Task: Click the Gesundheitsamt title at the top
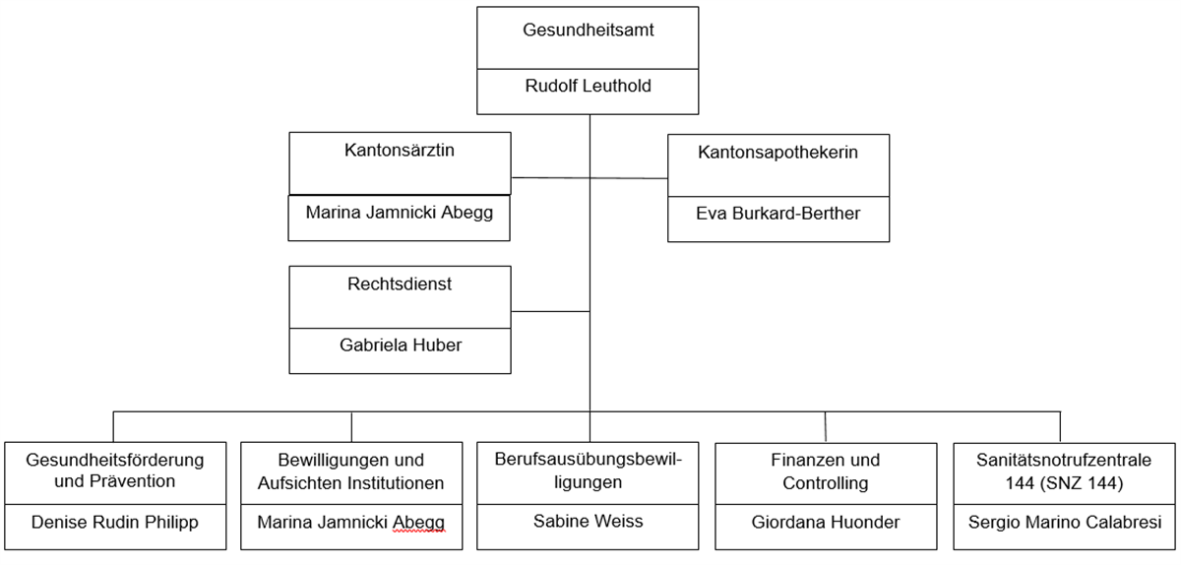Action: pyautogui.click(x=589, y=31)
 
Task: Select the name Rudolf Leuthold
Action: pyautogui.click(x=589, y=86)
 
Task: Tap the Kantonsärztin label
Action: pyautogui.click(x=399, y=152)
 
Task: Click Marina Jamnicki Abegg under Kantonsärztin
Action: pyautogui.click(x=399, y=213)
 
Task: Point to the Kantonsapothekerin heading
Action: pyautogui.click(x=777, y=153)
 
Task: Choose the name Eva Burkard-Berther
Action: pyautogui.click(x=777, y=213)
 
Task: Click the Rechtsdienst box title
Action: pyautogui.click(x=400, y=284)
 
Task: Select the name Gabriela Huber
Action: pyautogui.click(x=400, y=345)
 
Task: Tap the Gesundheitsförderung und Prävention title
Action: pyautogui.click(x=115, y=471)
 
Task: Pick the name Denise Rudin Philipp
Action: pyautogui.click(x=115, y=522)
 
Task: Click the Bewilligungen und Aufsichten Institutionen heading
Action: pyautogui.click(x=351, y=471)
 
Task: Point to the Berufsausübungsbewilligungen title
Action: pyautogui.click(x=589, y=471)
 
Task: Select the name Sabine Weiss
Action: pyautogui.click(x=589, y=521)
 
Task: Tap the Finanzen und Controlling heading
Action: pyautogui.click(x=825, y=471)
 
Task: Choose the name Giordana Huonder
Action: pyautogui.click(x=825, y=522)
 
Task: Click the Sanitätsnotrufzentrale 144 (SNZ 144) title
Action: pyautogui.click(x=1061, y=471)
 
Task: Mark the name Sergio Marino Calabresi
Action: pyautogui.click(x=1061, y=522)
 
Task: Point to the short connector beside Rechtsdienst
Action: pyautogui.click(x=550, y=311)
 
